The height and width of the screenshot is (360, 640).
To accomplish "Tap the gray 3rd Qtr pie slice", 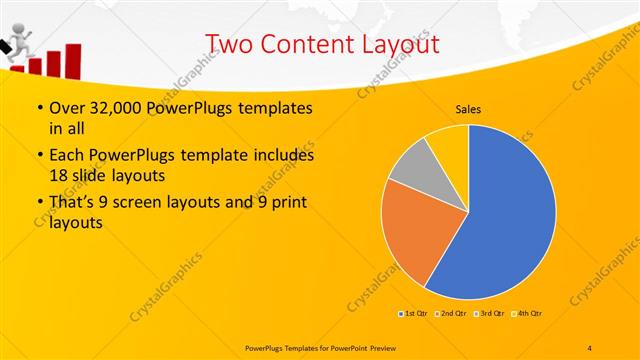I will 411,164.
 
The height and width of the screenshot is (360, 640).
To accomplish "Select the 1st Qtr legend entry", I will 415,313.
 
